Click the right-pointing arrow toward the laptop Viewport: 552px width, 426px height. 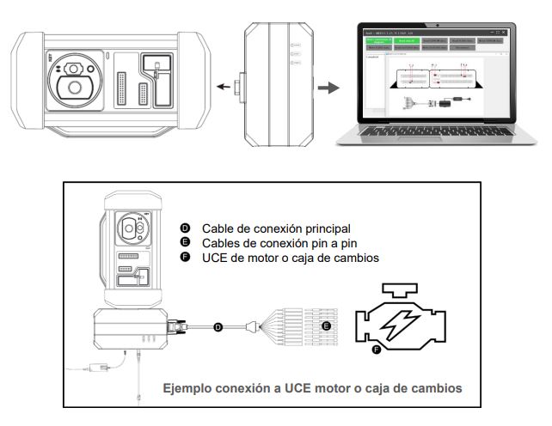(x=328, y=87)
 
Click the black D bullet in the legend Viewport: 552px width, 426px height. (x=185, y=228)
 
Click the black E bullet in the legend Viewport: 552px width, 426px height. (x=185, y=242)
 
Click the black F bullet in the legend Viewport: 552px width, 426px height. (x=185, y=257)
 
